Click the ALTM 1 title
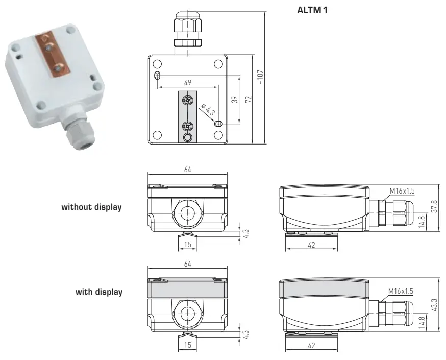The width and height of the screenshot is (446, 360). (312, 10)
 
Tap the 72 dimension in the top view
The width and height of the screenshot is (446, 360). (249, 99)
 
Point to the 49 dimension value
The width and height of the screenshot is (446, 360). (188, 82)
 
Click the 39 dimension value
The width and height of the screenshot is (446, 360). (235, 99)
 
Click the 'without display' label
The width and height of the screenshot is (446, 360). (91, 207)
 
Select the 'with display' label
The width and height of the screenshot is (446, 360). (99, 292)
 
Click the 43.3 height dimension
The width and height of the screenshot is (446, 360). (435, 305)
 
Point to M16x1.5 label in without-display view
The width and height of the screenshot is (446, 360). (401, 191)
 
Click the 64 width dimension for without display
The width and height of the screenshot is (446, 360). (188, 170)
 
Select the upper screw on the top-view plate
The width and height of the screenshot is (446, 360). (189, 101)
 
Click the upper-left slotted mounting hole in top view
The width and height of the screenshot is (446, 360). (158, 76)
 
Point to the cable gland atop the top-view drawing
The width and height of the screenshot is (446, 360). (189, 31)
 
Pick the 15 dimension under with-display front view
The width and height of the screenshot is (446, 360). (188, 345)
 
